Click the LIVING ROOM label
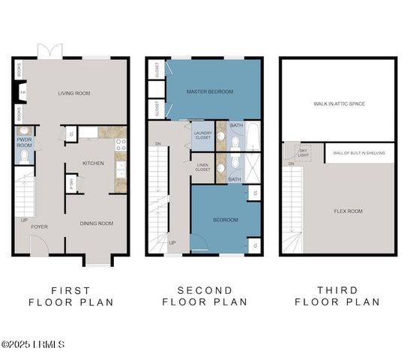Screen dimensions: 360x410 click(x=74, y=93)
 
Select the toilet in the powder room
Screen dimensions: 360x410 click(x=22, y=156)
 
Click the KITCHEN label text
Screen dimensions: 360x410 click(x=93, y=163)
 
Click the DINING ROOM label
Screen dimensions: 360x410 click(x=97, y=223)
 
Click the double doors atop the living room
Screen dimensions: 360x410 click(x=46, y=51)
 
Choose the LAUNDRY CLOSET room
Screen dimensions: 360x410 click(x=202, y=136)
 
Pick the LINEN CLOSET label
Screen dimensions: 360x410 click(x=202, y=168)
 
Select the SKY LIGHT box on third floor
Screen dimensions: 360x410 click(x=304, y=152)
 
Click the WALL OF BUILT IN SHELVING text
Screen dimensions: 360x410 click(x=360, y=153)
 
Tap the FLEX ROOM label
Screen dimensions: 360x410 click(x=348, y=211)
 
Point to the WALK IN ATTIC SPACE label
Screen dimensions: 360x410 click(x=339, y=103)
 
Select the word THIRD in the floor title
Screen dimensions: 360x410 click(x=337, y=290)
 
